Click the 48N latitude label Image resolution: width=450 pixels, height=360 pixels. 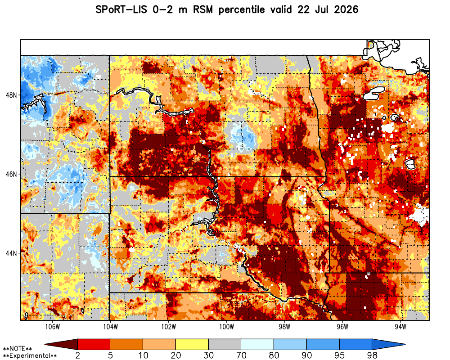(11, 95)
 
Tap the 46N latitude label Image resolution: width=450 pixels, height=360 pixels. (11, 174)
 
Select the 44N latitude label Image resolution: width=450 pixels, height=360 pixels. (11, 253)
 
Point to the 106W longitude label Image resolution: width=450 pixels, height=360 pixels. (53, 327)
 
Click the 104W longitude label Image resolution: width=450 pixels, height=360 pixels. (110, 327)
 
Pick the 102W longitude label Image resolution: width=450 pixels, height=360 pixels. (168, 327)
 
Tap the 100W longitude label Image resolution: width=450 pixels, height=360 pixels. (226, 327)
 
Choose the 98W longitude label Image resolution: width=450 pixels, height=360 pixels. (284, 327)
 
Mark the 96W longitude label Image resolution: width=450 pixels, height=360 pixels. (342, 327)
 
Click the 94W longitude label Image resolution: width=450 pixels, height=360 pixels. (400, 327)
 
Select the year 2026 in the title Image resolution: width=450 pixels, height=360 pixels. (346, 10)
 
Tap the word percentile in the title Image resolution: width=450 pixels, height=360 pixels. (241, 10)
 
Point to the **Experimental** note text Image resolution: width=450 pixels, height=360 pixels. (30, 356)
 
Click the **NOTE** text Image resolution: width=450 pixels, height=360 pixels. (17, 349)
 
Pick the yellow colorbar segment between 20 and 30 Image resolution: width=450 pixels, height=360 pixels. (192, 344)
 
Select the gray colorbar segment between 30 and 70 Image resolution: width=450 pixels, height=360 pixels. (225, 344)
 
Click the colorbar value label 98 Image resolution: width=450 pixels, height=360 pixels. (372, 355)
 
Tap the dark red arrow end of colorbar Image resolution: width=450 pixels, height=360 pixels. (61, 344)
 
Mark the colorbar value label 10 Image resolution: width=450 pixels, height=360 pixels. (143, 355)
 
